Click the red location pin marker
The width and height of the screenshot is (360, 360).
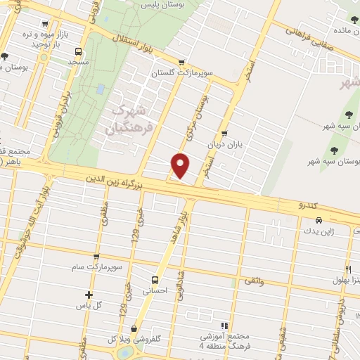click(x=181, y=165)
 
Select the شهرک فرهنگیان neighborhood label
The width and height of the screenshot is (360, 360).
click(x=129, y=120)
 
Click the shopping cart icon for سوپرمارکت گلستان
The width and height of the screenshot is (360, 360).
click(x=183, y=61)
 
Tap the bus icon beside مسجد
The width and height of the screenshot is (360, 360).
click(x=78, y=51)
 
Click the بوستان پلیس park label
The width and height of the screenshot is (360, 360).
click(x=165, y=5)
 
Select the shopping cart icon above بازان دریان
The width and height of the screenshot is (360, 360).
click(x=224, y=133)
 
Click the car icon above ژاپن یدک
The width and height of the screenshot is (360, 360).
click(x=319, y=219)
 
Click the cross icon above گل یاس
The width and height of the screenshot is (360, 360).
click(x=89, y=295)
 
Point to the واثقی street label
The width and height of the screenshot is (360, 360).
click(x=252, y=281)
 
